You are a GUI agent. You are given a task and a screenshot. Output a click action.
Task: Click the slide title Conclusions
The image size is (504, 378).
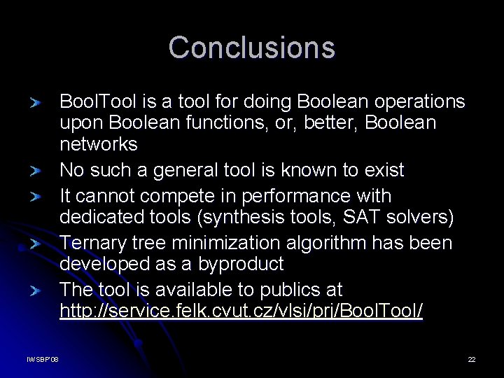point(252,48)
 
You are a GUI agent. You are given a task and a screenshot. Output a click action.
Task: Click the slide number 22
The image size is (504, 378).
point(472,359)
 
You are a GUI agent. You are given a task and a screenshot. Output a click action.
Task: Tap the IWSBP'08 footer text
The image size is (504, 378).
point(43,359)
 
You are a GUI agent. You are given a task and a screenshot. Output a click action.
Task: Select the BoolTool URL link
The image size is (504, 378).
point(241,311)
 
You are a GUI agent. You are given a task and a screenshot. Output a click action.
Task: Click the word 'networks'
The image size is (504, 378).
point(99,145)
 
